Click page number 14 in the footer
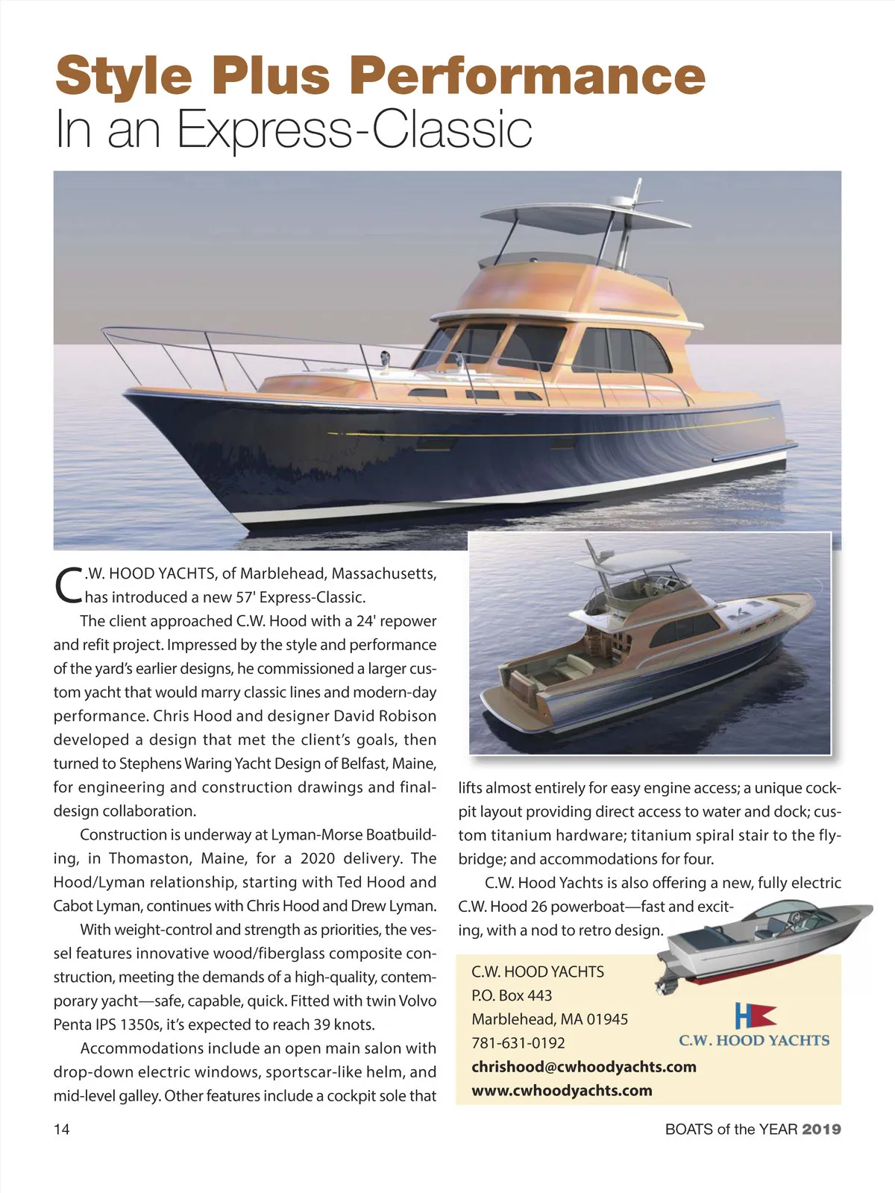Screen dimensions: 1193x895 (62, 1129)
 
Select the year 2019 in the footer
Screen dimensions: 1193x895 (821, 1129)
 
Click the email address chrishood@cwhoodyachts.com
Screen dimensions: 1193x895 (583, 1066)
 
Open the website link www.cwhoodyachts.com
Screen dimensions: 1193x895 (562, 1090)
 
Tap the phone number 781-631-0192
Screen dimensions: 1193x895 (518, 1042)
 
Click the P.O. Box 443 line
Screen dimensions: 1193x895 (512, 995)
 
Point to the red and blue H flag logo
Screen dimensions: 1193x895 (755, 1016)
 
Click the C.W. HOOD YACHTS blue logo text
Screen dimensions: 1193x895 (753, 1040)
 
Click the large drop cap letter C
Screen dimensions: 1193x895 (68, 586)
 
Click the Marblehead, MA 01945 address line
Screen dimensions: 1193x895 (550, 1019)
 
